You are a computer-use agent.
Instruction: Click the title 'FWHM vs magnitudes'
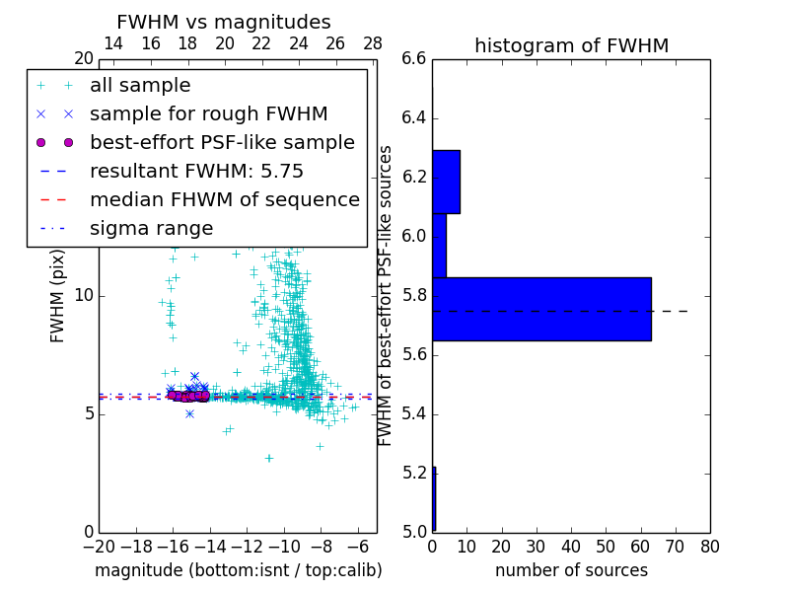[224, 23]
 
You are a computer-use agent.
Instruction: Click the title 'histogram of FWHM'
[571, 45]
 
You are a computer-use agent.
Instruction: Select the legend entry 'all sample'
[140, 86]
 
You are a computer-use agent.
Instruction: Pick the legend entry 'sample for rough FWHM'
[208, 113]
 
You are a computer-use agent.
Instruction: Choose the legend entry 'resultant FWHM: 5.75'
[196, 171]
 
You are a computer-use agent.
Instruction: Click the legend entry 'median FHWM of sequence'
[224, 199]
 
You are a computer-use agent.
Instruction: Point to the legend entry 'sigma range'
[151, 229]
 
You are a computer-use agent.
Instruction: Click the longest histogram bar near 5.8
[541, 309]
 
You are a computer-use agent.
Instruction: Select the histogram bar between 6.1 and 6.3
[446, 182]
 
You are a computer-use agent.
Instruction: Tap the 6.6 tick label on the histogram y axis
[414, 59]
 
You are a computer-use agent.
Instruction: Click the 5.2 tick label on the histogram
[414, 473]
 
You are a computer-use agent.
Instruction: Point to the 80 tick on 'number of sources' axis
[710, 546]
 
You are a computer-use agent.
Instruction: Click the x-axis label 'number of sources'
[571, 570]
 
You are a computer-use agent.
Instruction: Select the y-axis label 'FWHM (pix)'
[58, 296]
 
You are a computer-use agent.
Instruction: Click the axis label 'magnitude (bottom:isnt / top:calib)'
[238, 570]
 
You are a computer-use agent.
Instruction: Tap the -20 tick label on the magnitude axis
[99, 546]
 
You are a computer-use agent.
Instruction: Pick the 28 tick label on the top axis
[373, 43]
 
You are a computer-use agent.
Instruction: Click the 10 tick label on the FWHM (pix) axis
[83, 296]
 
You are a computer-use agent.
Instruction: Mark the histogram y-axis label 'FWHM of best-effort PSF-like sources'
[386, 295]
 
